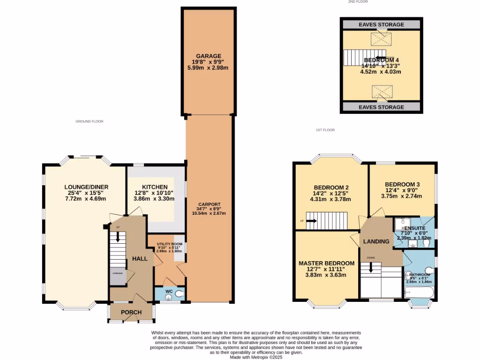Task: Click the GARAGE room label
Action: [x=209, y=56]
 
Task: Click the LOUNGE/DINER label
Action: [x=85, y=187]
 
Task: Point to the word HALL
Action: [x=140, y=259]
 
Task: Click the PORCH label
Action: [x=131, y=313]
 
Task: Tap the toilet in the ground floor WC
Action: [x=179, y=294]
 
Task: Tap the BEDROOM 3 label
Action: [x=402, y=185]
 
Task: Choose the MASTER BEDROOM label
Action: [x=326, y=263]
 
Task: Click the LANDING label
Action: [x=377, y=241]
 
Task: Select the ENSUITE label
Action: [x=413, y=228]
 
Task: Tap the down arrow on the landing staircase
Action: [x=371, y=268]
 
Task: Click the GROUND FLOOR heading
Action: [x=89, y=121]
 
